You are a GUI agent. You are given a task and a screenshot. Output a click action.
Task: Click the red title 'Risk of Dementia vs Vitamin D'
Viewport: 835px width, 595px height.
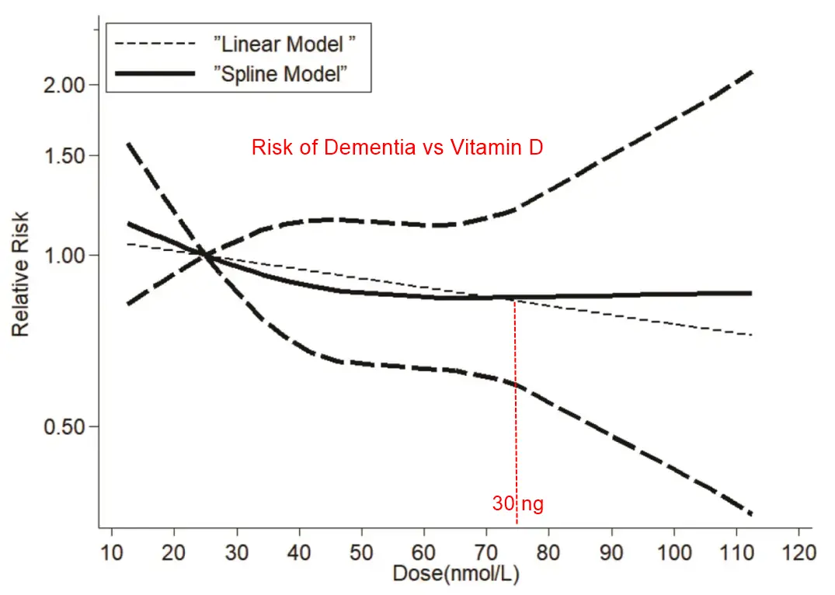pos(397,148)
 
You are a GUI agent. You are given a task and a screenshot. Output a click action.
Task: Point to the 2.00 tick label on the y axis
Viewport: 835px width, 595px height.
pos(62,85)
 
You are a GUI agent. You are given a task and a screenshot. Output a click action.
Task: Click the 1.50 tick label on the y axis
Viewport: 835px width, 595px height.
pos(62,155)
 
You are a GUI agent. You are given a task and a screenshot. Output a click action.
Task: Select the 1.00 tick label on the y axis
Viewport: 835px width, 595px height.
pos(62,256)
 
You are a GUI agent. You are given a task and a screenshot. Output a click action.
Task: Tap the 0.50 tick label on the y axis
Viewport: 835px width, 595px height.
pos(62,426)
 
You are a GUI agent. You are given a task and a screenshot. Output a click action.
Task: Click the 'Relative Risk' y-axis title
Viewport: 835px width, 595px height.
pos(21,273)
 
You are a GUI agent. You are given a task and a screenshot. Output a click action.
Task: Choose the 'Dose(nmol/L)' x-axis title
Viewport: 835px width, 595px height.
pos(455,576)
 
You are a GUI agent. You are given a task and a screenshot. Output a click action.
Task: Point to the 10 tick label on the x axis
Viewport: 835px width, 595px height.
pos(112,554)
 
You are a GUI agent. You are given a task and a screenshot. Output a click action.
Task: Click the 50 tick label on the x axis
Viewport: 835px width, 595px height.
pos(362,554)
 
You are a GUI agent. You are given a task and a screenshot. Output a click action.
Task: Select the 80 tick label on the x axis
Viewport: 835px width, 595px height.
pos(549,554)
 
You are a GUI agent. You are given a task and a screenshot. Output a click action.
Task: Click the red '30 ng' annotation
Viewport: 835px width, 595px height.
pos(517,503)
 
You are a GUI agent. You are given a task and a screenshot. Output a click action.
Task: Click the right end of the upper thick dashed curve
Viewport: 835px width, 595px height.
pos(751,72)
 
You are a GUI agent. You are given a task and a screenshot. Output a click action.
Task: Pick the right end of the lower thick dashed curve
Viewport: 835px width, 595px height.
pos(751,513)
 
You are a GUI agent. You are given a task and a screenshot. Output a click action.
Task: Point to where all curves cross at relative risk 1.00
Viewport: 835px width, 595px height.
pos(204,253)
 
